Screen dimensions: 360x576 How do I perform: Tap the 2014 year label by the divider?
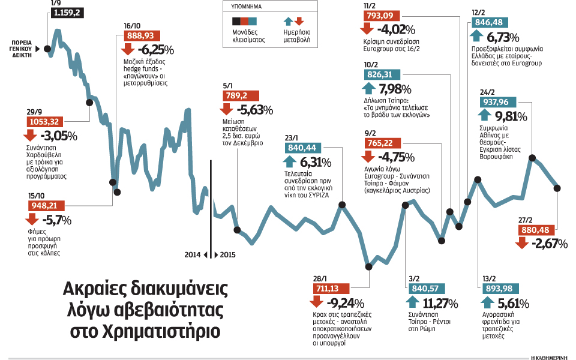[x=193, y=254]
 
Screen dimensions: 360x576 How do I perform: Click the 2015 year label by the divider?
[x=228, y=254]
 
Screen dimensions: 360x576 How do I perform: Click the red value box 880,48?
[x=539, y=230]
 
